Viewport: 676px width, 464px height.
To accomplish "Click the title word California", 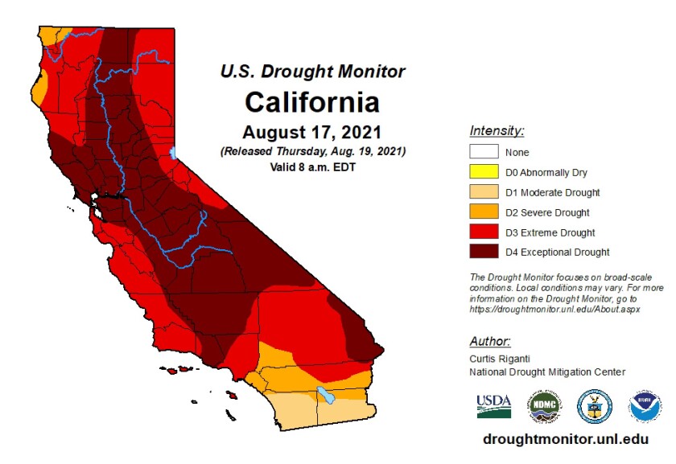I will (x=311, y=103).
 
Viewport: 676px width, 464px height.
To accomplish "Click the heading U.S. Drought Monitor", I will (x=312, y=72).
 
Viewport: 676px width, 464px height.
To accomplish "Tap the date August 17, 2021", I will (x=312, y=131).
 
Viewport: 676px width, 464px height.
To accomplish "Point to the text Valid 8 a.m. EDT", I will (x=312, y=167).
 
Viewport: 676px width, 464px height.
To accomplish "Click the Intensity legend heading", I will (x=497, y=130).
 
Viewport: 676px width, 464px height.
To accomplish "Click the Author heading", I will (x=489, y=341).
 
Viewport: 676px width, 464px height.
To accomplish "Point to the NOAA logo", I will (x=643, y=407).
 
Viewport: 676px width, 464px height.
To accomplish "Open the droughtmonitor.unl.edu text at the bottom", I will (x=565, y=440).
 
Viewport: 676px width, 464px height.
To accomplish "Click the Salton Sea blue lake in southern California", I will (x=326, y=395).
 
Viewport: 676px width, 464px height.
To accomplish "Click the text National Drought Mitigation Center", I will (x=546, y=372).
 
